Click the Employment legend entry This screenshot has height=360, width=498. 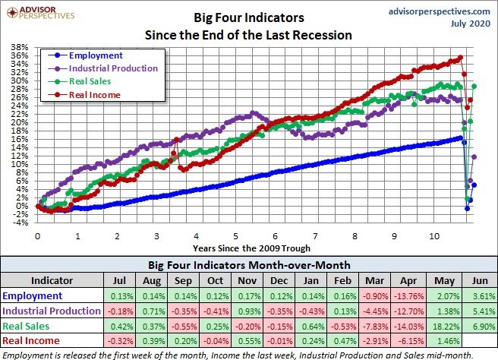[x=95, y=55]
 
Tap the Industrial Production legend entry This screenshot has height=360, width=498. [x=112, y=68]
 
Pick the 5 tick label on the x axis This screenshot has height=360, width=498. [x=236, y=235]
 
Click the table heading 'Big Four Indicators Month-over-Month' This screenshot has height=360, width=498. [x=249, y=265]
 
